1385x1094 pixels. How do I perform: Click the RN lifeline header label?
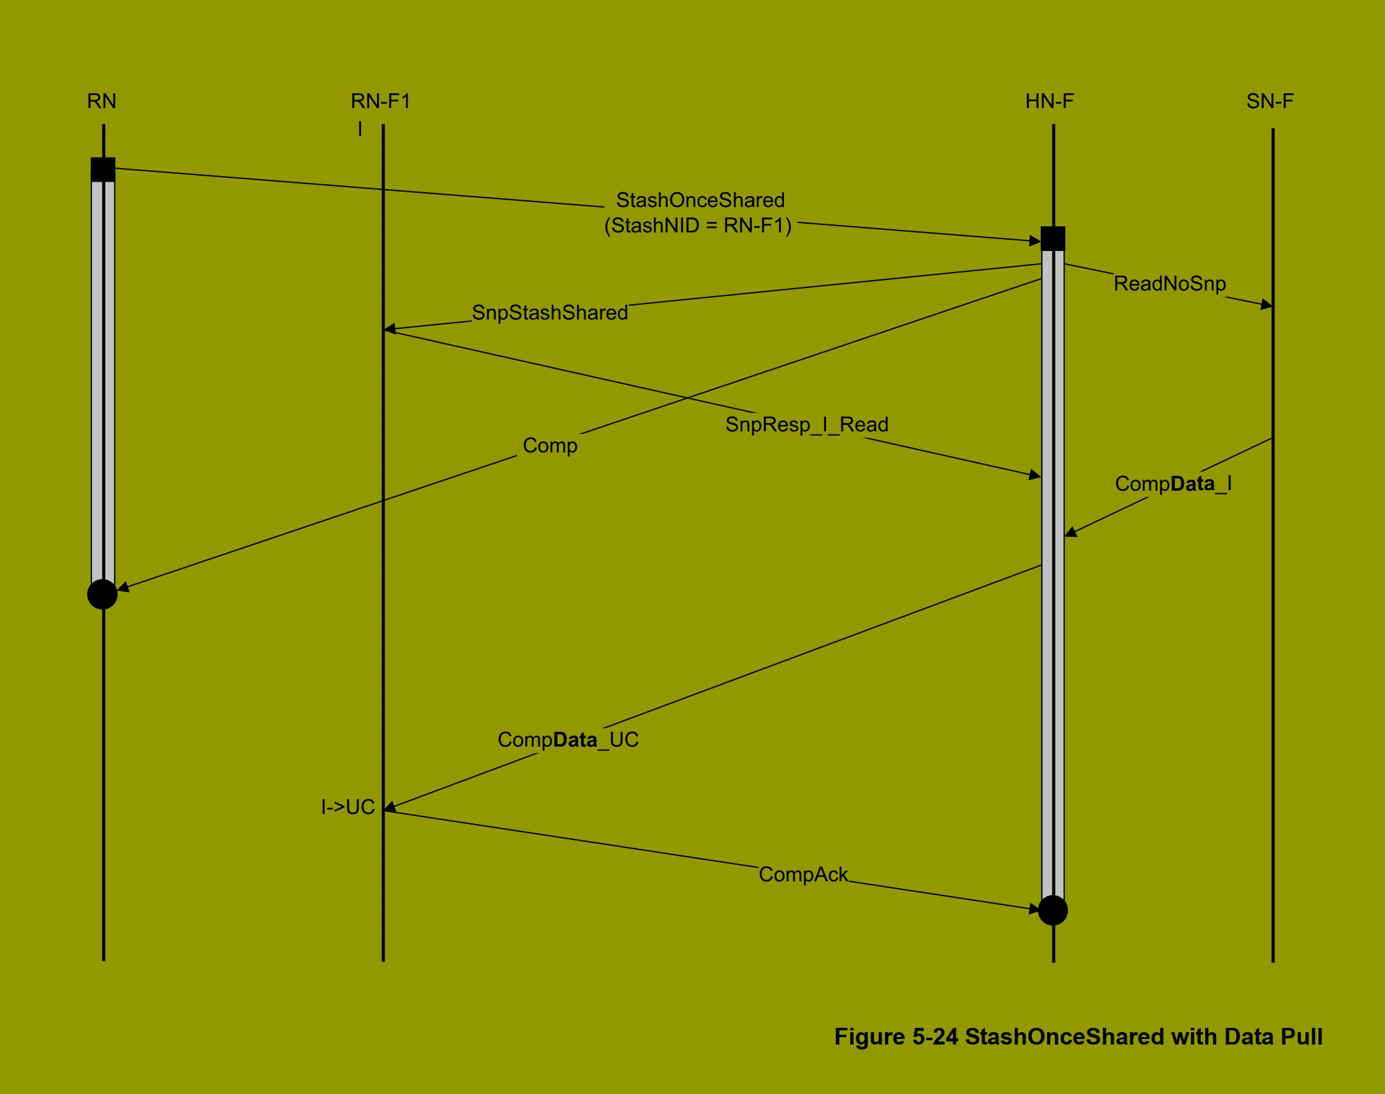coord(102,101)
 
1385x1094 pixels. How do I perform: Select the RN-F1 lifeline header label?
coord(380,101)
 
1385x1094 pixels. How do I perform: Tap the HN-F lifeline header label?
coord(1049,101)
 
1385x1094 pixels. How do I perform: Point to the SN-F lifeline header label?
coord(1270,101)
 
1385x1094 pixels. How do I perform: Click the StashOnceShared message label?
coord(700,200)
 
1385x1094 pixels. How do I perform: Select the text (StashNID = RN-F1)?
coord(698,226)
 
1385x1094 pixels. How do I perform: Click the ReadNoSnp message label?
coord(1170,284)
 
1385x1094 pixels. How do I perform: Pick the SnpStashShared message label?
coord(550,313)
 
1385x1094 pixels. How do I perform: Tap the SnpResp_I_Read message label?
coord(806,425)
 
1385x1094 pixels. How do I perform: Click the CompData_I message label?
coord(1173,484)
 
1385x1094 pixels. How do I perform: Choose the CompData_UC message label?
coord(568,740)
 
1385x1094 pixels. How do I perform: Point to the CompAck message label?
coord(803,875)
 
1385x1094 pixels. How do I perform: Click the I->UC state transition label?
coord(348,807)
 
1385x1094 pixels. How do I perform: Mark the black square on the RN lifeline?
coord(103,170)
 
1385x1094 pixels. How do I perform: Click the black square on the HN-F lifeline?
coord(1053,239)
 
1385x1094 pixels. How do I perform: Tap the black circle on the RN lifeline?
coord(103,595)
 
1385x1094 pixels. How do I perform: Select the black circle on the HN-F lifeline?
coord(1052,910)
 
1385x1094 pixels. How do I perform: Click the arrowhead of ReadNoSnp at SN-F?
coord(1266,305)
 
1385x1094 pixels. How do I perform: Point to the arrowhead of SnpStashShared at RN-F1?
coord(390,329)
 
